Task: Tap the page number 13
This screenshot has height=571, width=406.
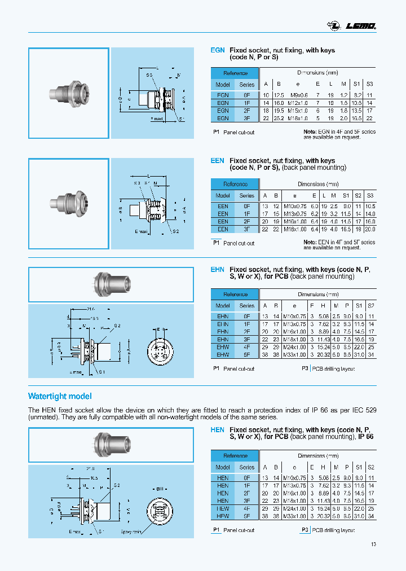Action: pos(373,544)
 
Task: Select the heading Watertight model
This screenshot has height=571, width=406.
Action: pos(60,396)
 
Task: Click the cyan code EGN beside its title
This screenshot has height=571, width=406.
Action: pos(217,50)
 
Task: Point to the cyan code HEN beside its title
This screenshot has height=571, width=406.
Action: pos(217,430)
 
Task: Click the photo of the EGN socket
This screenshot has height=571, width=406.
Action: pos(68,93)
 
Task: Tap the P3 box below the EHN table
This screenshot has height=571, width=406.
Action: pos(304,368)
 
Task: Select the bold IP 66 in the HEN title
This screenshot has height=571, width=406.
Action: pos(365,437)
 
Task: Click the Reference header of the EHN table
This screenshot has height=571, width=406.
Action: pos(235,294)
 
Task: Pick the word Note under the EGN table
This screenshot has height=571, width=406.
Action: pos(310,131)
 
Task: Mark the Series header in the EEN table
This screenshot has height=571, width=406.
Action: pos(247,195)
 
